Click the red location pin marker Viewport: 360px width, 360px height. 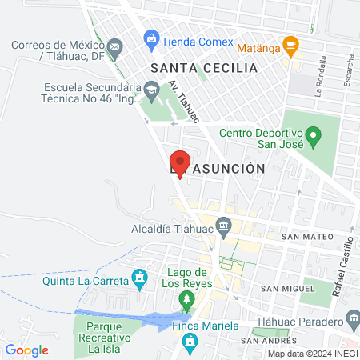(180, 162)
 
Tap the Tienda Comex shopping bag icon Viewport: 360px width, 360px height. (150, 38)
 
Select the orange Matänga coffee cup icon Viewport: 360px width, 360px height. (291, 47)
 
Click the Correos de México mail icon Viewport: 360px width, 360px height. (117, 48)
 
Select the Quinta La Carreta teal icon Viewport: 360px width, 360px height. (141, 279)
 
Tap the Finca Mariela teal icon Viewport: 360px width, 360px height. (190, 344)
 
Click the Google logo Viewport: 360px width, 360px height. (26, 350)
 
